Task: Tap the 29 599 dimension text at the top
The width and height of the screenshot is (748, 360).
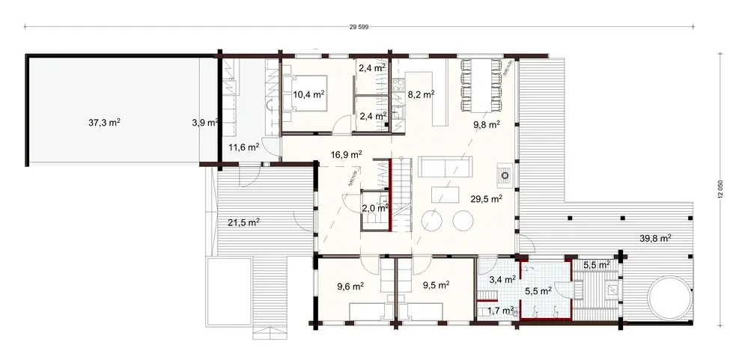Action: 359,28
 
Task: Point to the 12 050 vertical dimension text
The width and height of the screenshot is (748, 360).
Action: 720,190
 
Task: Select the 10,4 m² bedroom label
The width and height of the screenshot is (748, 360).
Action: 308,94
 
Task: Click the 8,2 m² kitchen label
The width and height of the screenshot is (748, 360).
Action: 421,95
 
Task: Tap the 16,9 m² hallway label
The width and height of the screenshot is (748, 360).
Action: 346,155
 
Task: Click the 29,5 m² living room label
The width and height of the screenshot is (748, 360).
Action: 486,198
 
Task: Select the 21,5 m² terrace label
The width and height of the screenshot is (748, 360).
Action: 243,222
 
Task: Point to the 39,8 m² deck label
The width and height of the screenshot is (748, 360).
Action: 655,238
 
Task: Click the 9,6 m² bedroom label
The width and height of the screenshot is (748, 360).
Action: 350,285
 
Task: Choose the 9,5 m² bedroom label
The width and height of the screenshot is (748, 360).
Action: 435,285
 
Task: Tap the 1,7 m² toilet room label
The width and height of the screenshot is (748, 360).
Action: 500,310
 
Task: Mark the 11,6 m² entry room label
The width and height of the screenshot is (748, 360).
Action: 243,147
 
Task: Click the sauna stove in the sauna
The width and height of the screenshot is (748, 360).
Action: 612,289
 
